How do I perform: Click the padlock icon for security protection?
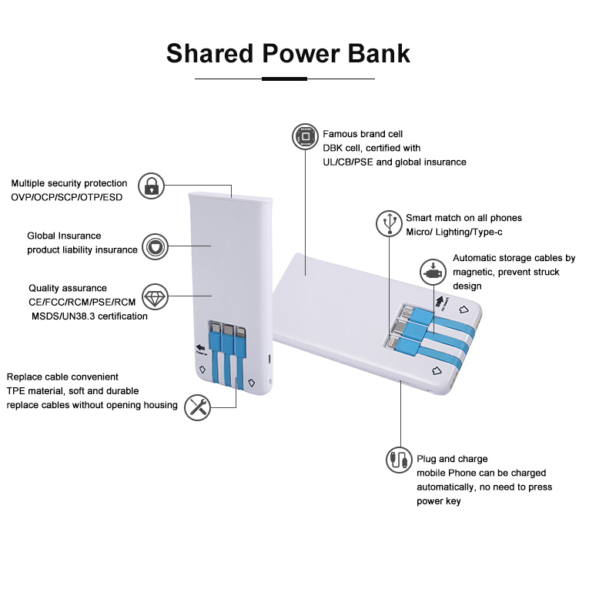point(152,186)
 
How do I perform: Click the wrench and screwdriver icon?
point(198,407)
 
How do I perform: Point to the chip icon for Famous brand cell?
point(305,138)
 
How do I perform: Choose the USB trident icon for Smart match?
point(389,223)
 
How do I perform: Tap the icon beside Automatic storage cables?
point(433,272)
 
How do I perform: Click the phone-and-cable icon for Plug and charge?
point(399,460)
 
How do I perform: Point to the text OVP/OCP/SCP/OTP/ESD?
point(66,197)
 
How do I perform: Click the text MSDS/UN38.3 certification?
point(89,316)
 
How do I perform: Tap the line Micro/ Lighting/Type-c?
point(455,233)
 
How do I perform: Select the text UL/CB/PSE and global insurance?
point(394,162)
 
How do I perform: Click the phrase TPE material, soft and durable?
point(72,391)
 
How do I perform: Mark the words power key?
point(439,500)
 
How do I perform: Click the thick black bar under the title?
point(284,79)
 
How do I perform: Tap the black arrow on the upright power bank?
point(202,347)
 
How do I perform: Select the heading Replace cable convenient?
point(62,377)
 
